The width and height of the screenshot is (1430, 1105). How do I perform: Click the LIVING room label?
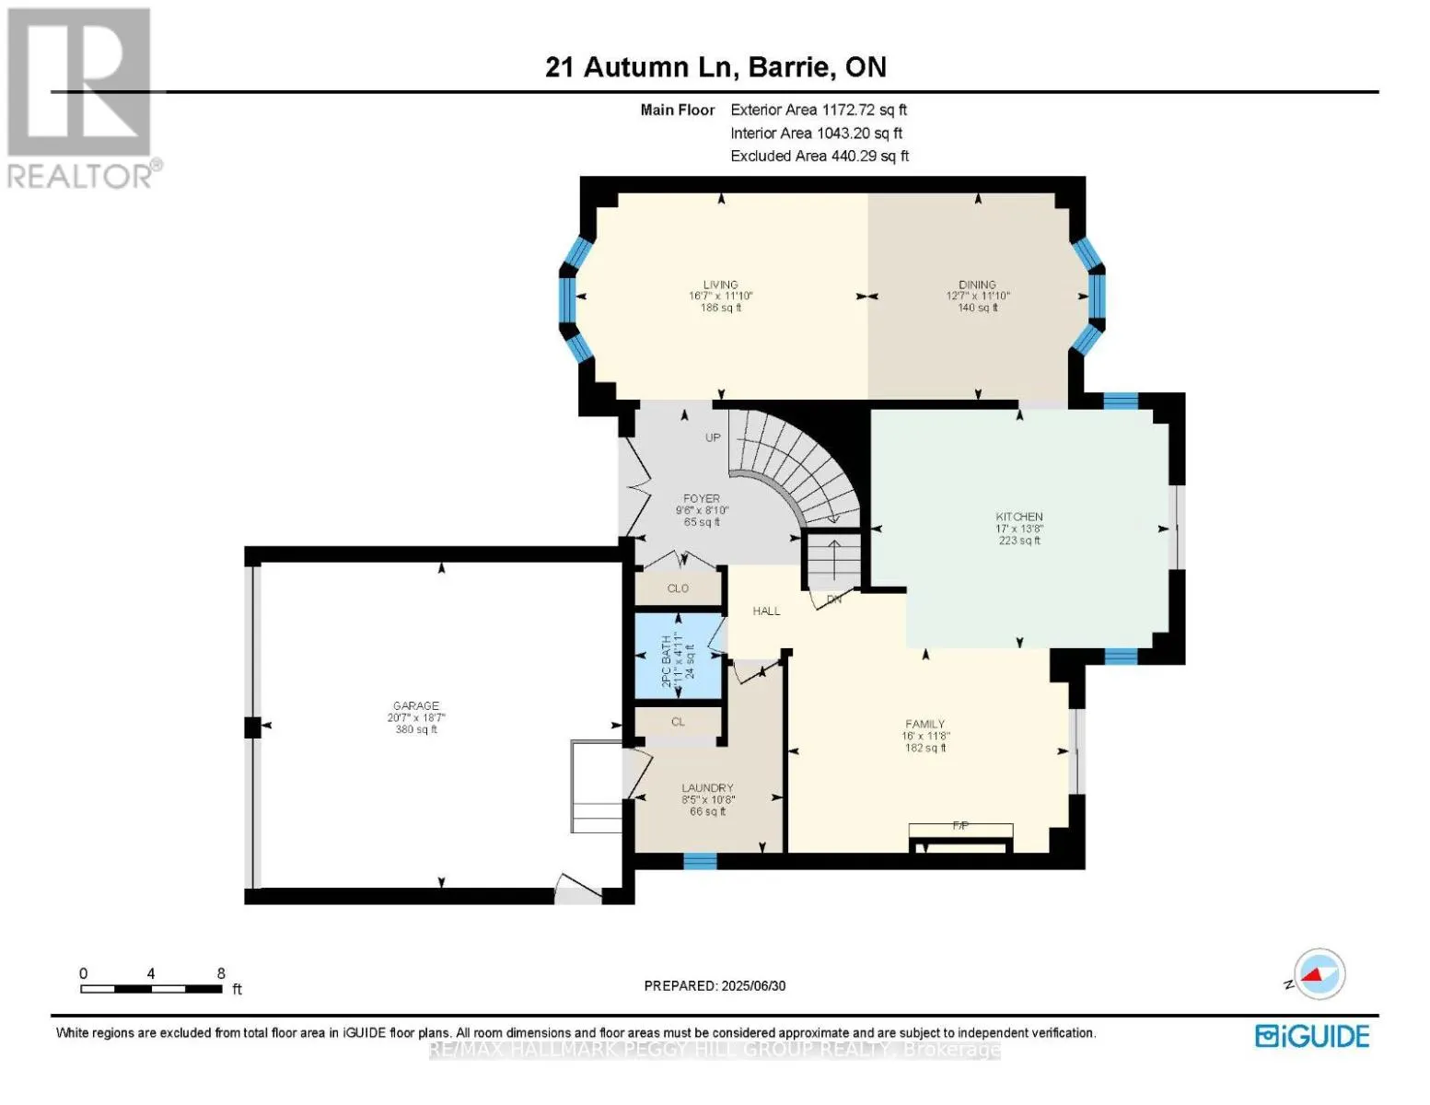point(720,285)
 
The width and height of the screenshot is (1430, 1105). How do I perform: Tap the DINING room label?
point(977,285)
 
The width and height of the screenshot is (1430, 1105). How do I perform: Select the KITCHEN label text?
point(1018,518)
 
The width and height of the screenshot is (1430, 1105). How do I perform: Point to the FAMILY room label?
point(924,725)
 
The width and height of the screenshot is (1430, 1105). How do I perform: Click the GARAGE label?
point(416,706)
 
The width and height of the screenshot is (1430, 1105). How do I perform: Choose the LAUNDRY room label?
point(707,788)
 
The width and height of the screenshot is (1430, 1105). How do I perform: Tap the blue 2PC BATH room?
point(678,655)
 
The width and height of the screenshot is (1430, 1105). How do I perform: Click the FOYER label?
point(702,499)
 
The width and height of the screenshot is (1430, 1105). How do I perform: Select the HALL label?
point(766,611)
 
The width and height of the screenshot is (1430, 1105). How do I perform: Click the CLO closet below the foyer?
point(678,588)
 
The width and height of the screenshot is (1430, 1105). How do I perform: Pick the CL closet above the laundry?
point(678,722)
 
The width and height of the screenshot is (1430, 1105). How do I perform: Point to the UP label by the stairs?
point(713,437)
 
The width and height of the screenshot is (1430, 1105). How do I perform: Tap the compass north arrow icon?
point(1319,974)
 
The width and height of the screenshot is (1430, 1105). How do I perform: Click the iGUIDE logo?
point(1312,1036)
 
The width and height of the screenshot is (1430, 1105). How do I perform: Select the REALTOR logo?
point(81,97)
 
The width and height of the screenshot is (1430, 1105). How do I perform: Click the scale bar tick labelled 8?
point(221,974)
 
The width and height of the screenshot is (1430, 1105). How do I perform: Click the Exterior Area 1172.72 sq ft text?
point(819,110)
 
